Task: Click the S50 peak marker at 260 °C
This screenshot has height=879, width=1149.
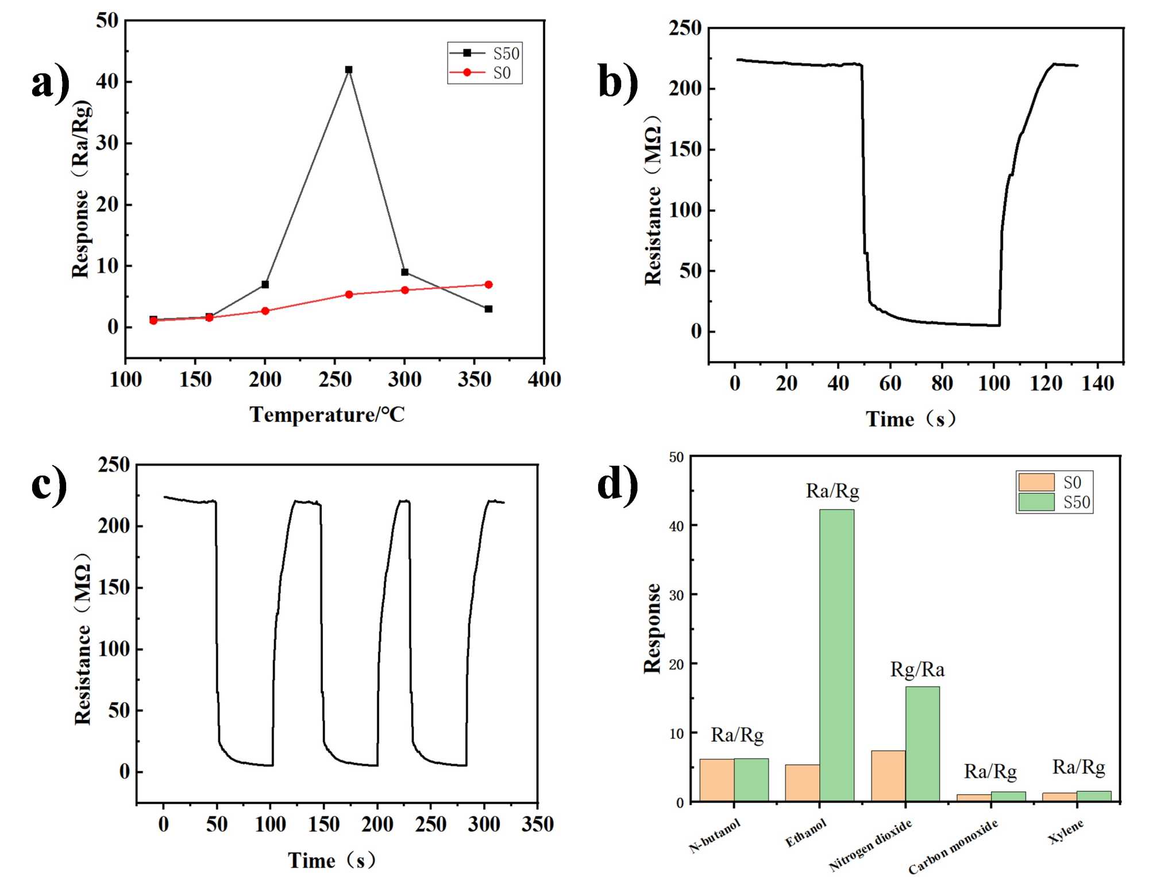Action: [x=348, y=69]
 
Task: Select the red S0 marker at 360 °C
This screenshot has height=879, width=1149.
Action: [x=488, y=285]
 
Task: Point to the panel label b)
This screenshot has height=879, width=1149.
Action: [x=618, y=82]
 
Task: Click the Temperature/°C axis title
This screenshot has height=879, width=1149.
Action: [x=327, y=415]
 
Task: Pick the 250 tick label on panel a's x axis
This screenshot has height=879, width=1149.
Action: [x=335, y=380]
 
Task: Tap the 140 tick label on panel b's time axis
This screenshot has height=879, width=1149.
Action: [x=1097, y=384]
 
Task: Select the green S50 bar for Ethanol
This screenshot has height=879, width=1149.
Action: [x=836, y=655]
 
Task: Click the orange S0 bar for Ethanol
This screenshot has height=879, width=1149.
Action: [x=802, y=783]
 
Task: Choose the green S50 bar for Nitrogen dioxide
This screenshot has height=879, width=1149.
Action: [x=923, y=744]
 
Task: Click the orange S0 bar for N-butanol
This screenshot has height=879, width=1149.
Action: [x=716, y=780]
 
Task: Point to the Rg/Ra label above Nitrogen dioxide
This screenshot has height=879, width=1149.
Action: [x=917, y=669]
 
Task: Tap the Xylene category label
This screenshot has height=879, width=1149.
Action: [x=1066, y=831]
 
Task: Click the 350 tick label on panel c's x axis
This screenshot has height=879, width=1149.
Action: [x=537, y=824]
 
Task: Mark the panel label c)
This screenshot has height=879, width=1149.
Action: [x=49, y=485]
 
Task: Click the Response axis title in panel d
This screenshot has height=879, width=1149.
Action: [x=652, y=628]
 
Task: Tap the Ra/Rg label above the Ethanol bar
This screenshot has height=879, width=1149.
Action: [x=832, y=491]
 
